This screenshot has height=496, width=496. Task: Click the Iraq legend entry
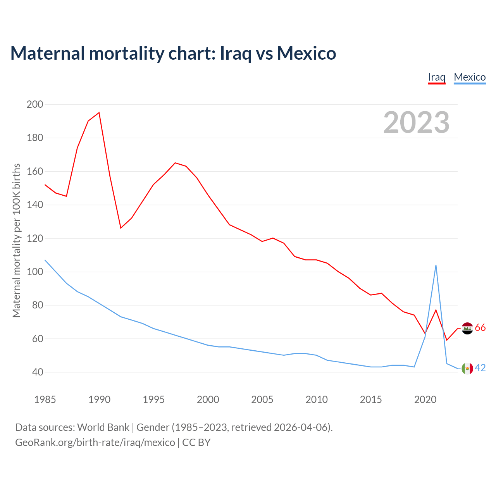click(x=436, y=77)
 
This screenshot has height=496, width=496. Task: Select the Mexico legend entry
click(x=470, y=77)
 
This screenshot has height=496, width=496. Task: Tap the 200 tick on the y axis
click(x=35, y=104)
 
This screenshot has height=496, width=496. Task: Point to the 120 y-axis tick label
click(x=35, y=238)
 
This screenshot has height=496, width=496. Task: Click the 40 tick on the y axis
click(x=37, y=372)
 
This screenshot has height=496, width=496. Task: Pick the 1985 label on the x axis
click(x=45, y=400)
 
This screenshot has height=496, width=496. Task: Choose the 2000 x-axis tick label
click(x=208, y=400)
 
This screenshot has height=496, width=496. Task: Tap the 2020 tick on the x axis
click(x=425, y=400)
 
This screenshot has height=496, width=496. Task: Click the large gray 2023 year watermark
click(x=416, y=122)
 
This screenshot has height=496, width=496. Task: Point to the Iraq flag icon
click(x=468, y=328)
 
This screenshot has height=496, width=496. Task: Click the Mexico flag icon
click(x=468, y=369)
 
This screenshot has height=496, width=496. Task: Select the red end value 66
click(x=480, y=328)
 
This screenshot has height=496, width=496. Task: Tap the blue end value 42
click(x=480, y=368)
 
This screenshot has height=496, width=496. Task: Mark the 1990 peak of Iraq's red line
click(x=99, y=113)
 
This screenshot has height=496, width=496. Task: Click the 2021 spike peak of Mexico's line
click(x=436, y=265)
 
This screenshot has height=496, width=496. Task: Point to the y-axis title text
click(x=16, y=240)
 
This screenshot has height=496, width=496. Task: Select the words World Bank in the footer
click(x=103, y=427)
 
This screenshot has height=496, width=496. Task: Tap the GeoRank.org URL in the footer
click(x=95, y=443)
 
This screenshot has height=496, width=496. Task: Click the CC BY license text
click(x=196, y=443)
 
